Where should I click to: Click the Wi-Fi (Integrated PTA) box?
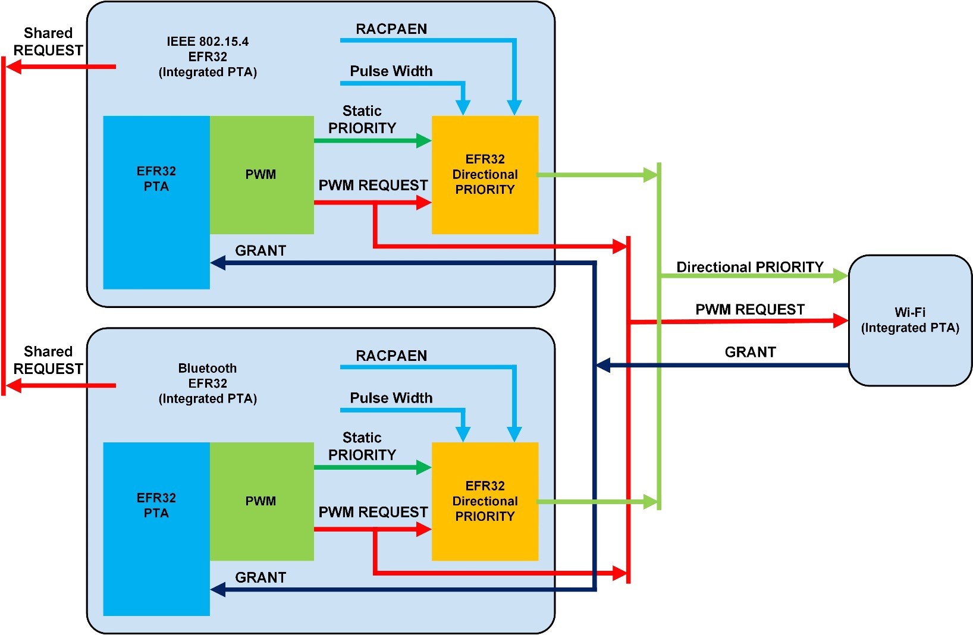pyautogui.click(x=910, y=320)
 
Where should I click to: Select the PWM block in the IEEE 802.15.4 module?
pyautogui.click(x=261, y=175)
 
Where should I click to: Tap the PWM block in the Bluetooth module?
pyautogui.click(x=261, y=501)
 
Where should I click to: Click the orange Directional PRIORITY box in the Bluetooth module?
pyautogui.click(x=485, y=501)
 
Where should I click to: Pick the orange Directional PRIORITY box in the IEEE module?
pyautogui.click(x=485, y=175)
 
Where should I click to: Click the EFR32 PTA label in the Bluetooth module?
pyautogui.click(x=156, y=505)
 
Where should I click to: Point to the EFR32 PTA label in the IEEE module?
pyautogui.click(x=156, y=179)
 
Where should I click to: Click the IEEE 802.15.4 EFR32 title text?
pyautogui.click(x=208, y=56)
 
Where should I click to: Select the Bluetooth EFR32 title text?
pyautogui.click(x=208, y=383)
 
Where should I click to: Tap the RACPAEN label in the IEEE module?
pyautogui.click(x=391, y=29)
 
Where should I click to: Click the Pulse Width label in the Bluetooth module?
pyautogui.click(x=391, y=398)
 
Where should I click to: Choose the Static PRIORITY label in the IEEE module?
pyautogui.click(x=362, y=120)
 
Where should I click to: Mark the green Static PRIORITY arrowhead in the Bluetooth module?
pyautogui.click(x=424, y=467)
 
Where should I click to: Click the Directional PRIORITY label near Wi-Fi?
pyautogui.click(x=750, y=267)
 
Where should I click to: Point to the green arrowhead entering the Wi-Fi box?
pyautogui.click(x=841, y=276)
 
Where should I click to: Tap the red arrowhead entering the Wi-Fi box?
pyautogui.click(x=841, y=321)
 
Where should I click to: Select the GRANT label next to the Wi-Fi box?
pyautogui.click(x=750, y=352)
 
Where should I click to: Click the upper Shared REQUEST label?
pyautogui.click(x=48, y=42)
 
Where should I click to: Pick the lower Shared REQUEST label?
pyautogui.click(x=48, y=360)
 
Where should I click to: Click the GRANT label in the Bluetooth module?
pyautogui.click(x=260, y=577)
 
